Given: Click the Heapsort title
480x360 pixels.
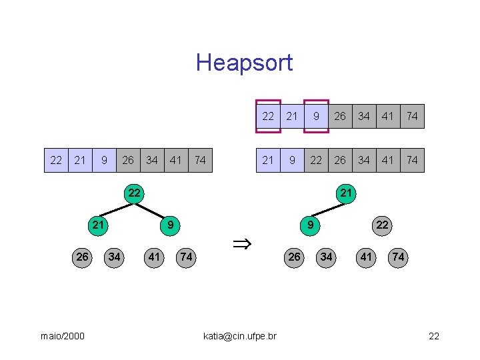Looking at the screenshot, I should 244,63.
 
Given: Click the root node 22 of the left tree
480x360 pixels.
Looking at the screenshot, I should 135,193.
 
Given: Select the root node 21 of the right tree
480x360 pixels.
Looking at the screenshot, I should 345,193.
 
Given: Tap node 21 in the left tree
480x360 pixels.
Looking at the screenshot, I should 99,225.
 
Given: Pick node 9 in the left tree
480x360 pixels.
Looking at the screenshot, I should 171,225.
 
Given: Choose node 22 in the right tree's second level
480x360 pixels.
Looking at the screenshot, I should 381,225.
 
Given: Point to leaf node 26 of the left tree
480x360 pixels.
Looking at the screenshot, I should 82,257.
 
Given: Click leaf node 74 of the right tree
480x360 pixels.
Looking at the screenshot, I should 398,257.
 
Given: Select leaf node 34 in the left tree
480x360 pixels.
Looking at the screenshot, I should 115,257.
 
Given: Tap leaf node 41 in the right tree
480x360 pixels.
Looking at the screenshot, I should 366,257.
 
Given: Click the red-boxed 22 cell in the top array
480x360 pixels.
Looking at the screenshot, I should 268,116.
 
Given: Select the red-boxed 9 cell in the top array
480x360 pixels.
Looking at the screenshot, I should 316,116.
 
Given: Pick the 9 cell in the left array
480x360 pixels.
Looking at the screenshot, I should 104,160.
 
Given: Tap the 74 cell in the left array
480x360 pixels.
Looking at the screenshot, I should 200,160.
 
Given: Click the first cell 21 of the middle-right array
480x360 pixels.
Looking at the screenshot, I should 268,160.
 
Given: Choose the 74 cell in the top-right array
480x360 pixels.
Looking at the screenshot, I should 412,116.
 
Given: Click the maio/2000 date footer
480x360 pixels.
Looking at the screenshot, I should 63,336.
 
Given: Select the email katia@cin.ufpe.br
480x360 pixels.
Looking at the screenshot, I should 240,336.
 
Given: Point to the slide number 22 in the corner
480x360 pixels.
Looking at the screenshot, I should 434,336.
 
